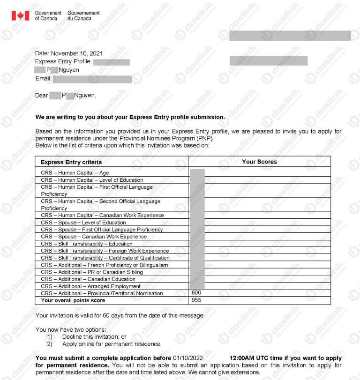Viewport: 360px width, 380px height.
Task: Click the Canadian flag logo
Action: pyautogui.click(x=20, y=15)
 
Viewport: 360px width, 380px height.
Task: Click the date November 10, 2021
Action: pyautogui.click(x=77, y=53)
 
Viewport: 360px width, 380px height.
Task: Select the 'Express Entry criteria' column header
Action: pyautogui.click(x=71, y=162)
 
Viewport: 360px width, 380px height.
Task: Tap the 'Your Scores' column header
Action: pyautogui.click(x=259, y=162)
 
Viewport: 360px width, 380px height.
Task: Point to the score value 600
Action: pyautogui.click(x=196, y=293)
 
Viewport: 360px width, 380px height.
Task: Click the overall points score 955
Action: pyautogui.click(x=196, y=300)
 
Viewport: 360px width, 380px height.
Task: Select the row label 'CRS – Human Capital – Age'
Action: pyautogui.click(x=75, y=173)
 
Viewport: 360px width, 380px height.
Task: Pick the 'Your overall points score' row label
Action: pyautogui.click(x=73, y=300)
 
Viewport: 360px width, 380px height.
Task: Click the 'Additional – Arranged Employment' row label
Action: pyautogui.click(x=90, y=286)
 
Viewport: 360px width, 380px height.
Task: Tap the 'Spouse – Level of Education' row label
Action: pyautogui.click(x=83, y=223)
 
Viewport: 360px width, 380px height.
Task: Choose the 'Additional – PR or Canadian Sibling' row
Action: pyautogui.click(x=91, y=272)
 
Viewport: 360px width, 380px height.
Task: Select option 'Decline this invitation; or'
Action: pyautogui.click(x=94, y=337)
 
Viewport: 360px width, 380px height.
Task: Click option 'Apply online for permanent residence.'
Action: pyautogui.click(x=112, y=344)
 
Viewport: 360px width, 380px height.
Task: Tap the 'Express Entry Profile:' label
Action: pyautogui.click(x=63, y=62)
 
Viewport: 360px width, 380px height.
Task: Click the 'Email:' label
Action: pyautogui.click(x=43, y=79)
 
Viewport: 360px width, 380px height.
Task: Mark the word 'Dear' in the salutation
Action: pyautogui.click(x=42, y=96)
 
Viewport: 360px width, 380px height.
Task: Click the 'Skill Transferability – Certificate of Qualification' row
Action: pyautogui.click(x=105, y=258)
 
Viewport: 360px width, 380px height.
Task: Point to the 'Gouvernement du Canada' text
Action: pyautogui.click(x=83, y=15)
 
